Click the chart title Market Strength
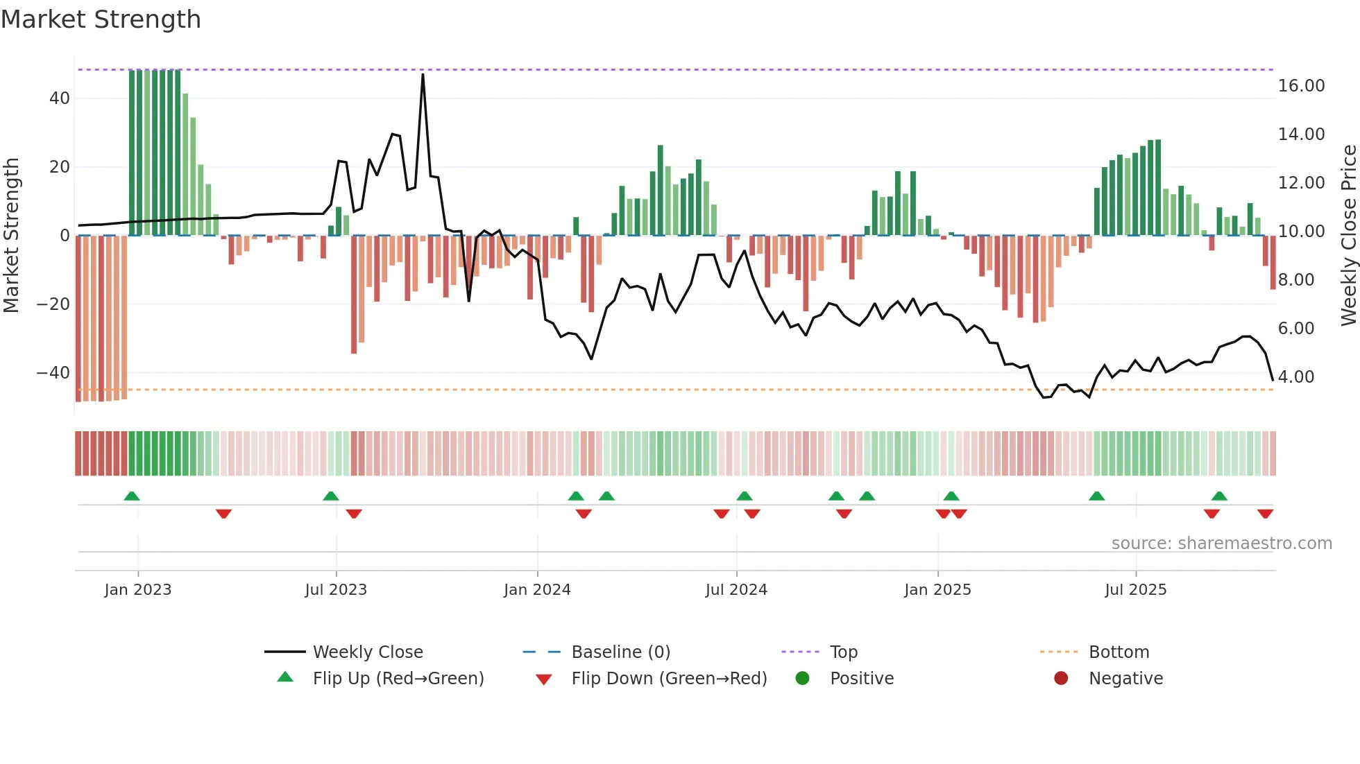pos(101,19)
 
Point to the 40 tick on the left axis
pos(59,98)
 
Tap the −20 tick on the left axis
pos(53,304)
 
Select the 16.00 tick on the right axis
pos(1301,86)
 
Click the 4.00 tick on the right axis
pos(1295,377)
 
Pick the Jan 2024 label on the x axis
pos(536,590)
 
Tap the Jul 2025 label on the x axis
pos(1135,590)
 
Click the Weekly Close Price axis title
pos(1348,236)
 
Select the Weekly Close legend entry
pos(367,652)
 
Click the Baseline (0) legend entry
pos(620,652)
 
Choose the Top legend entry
pos(843,652)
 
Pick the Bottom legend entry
pos(1119,652)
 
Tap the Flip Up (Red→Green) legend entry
pos(398,679)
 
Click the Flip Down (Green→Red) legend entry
pos(669,679)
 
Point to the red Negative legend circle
pos(1060,679)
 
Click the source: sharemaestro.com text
pos(1221,544)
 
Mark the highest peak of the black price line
pos(423,74)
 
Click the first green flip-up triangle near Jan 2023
pos(132,496)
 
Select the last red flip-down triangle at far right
pos(1265,514)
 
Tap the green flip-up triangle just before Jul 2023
pos(331,496)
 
